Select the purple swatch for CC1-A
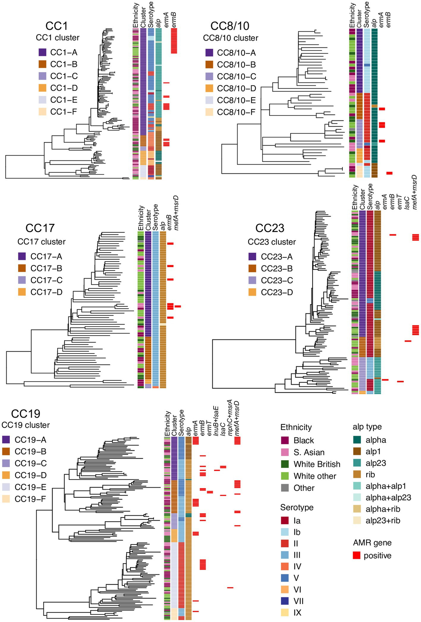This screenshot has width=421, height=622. pos(42,53)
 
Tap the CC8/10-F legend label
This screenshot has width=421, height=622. pos(236,112)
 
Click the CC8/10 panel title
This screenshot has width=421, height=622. pos(230,26)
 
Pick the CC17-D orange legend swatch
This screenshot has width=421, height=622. pos(22,292)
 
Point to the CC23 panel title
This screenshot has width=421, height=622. pos(269,228)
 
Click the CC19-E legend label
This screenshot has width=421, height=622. pos(31,487)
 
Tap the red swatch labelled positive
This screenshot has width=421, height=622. pos(357,555)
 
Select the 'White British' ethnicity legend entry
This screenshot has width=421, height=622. pos(316,464)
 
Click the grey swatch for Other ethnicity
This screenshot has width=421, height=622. pos(285,488)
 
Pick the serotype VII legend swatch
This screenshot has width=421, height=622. pos(285,601)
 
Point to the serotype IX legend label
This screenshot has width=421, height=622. pos(298,613)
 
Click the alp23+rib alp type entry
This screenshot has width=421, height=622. pos(382,521)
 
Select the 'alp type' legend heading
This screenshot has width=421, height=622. pos(367,427)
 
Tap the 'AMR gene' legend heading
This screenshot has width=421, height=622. pos(372,543)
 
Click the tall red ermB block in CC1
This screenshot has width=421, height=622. pos(174,41)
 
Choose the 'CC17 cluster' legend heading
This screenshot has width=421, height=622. pos(41,242)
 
